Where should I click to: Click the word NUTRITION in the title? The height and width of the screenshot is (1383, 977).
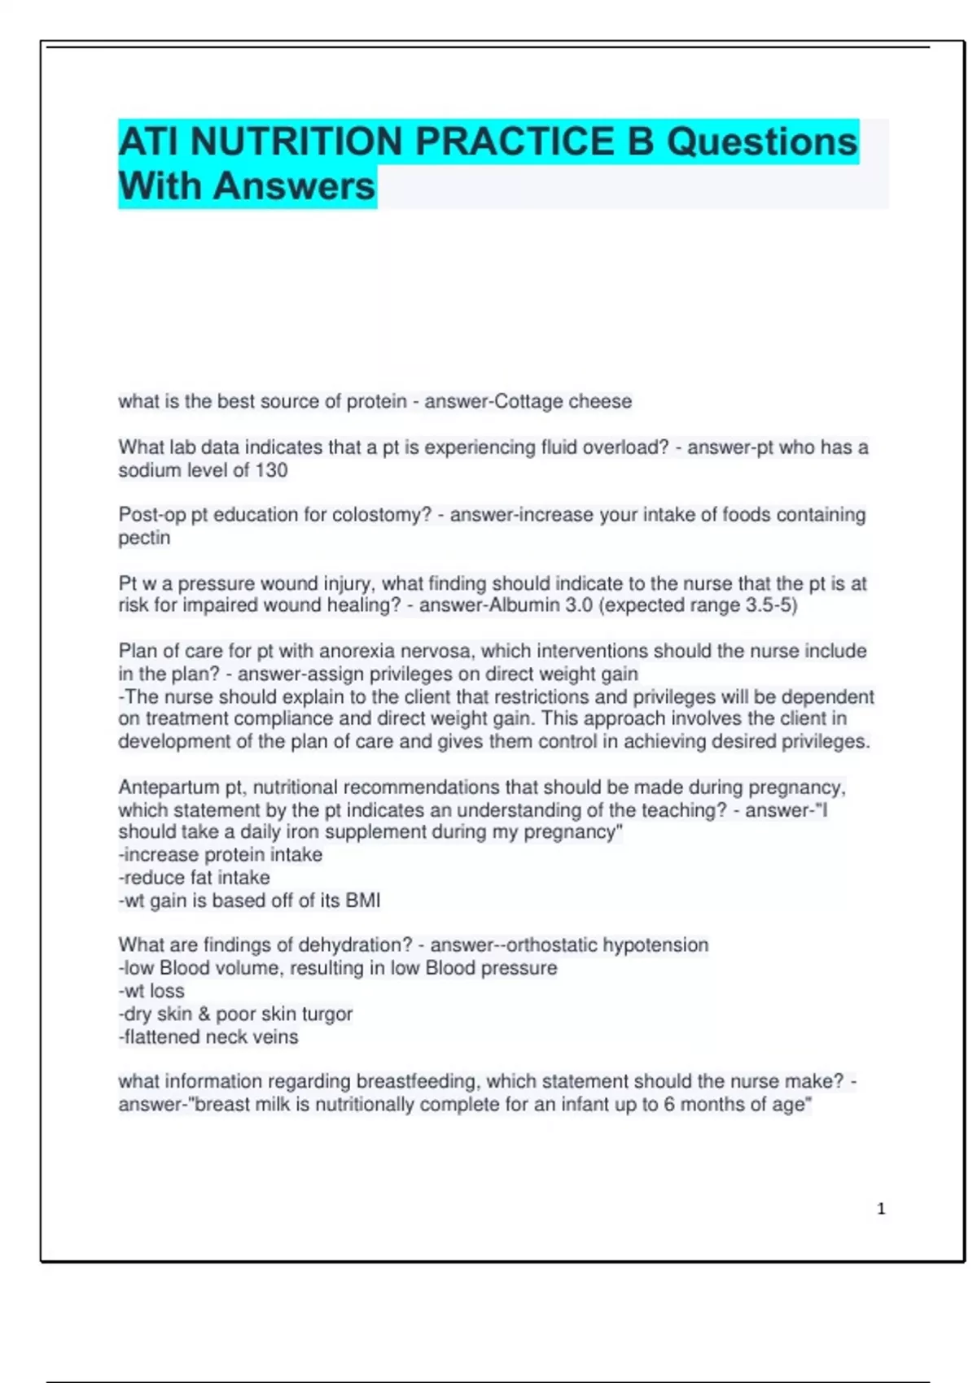tap(297, 142)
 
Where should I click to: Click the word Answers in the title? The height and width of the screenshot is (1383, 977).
tap(294, 186)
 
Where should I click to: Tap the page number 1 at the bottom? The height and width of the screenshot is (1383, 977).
tap(881, 1209)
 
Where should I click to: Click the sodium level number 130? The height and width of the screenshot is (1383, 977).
tap(271, 470)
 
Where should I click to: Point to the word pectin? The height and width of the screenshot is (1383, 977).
tap(144, 539)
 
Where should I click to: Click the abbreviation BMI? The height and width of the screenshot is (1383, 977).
tap(363, 901)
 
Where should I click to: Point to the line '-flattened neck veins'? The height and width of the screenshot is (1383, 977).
tap(208, 1037)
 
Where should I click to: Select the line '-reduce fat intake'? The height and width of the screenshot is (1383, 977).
tap(194, 878)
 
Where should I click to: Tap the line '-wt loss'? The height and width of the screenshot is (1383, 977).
tap(151, 992)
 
